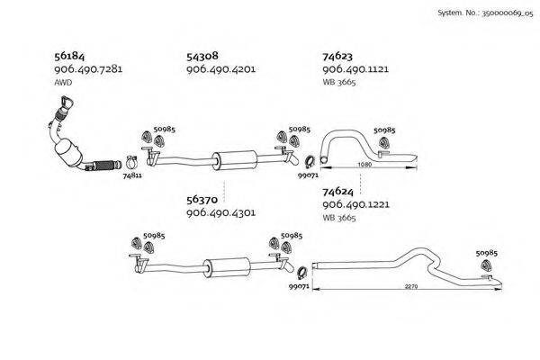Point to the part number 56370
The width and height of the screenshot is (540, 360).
(203, 200)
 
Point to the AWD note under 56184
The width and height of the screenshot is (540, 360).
(63, 82)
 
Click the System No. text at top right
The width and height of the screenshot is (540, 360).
(484, 14)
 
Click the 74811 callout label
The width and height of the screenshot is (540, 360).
(131, 177)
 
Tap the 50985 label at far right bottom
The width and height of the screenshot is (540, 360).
(486, 255)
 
